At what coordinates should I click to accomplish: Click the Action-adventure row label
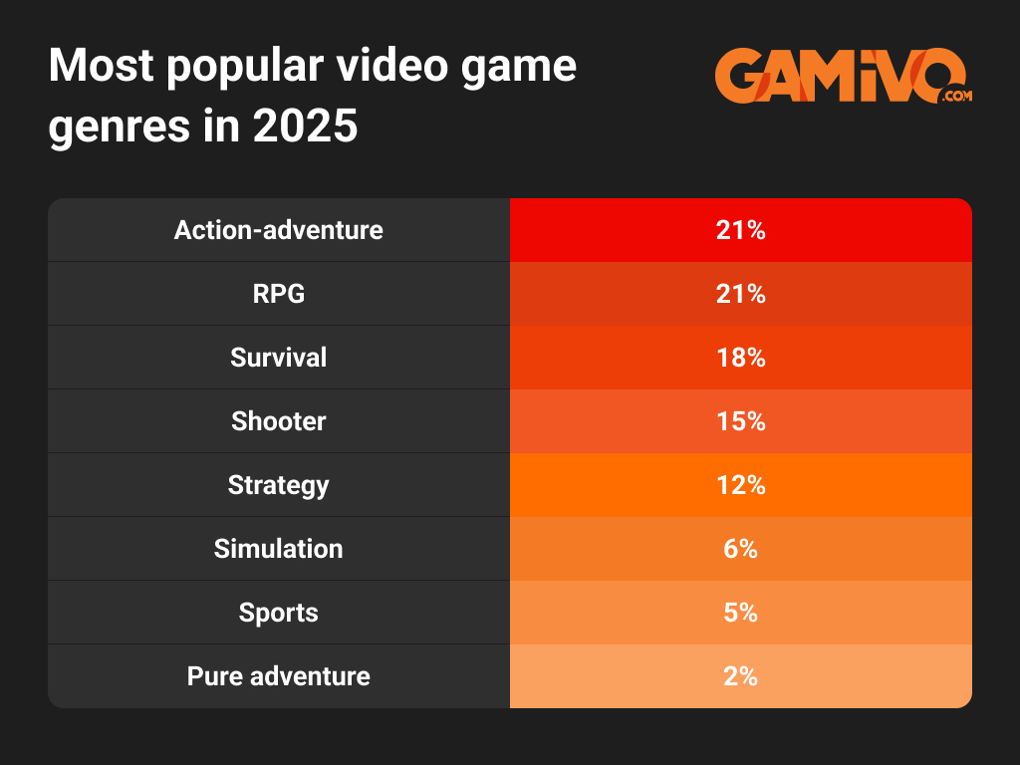point(278,230)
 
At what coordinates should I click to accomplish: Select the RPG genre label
point(278,294)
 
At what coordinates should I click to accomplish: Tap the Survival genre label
point(278,358)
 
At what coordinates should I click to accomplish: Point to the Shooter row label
point(278,421)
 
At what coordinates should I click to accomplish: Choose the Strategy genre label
point(278,485)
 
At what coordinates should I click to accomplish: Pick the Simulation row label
point(278,549)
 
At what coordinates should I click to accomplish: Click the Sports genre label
point(278,613)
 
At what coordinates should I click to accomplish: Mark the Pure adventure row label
point(278,676)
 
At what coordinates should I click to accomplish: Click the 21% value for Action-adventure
point(740,230)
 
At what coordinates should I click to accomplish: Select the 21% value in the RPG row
point(740,294)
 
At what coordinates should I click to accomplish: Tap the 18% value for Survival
point(740,358)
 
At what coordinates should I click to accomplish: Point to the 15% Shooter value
point(740,421)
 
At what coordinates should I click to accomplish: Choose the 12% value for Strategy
point(740,485)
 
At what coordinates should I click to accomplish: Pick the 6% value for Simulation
point(740,549)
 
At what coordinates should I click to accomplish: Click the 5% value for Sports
point(740,613)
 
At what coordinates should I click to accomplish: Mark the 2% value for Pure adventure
point(740,676)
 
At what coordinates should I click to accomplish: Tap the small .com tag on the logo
point(954,96)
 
